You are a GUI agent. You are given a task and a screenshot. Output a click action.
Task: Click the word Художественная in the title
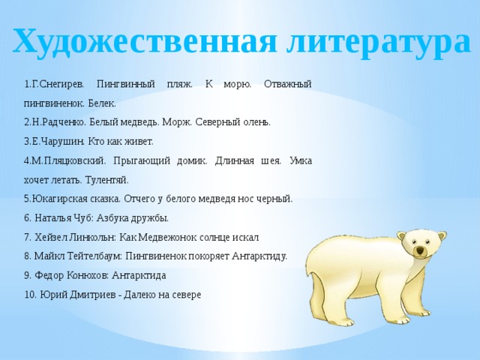pos(145,40)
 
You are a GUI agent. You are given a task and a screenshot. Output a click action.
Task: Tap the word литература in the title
pos(379,43)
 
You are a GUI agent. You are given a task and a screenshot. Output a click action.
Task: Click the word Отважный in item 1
pos(287,84)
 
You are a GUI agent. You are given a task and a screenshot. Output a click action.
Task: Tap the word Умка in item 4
pos(301,160)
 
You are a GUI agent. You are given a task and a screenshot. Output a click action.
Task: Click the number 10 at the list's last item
pos(30,295)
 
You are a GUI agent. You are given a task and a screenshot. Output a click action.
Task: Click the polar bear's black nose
pos(420,251)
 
